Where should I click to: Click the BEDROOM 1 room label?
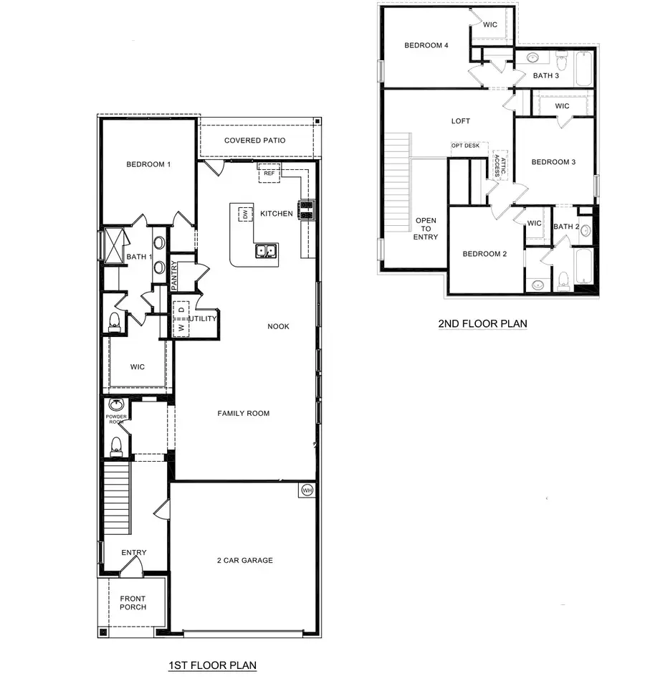(148, 164)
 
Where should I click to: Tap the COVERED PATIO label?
(254, 141)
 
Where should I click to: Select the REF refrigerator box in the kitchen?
(269, 173)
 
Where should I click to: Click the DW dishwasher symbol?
(245, 214)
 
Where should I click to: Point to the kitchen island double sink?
(266, 251)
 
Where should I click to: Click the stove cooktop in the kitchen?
(307, 209)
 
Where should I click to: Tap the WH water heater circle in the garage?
(307, 490)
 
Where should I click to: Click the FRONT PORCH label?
(133, 603)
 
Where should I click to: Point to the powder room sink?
(115, 405)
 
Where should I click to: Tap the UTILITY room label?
(203, 318)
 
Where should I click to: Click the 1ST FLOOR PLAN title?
(212, 665)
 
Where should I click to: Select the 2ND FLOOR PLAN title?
(482, 323)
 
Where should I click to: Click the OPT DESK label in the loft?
(465, 146)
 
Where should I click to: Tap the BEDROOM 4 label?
(426, 45)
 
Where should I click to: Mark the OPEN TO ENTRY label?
(426, 229)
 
